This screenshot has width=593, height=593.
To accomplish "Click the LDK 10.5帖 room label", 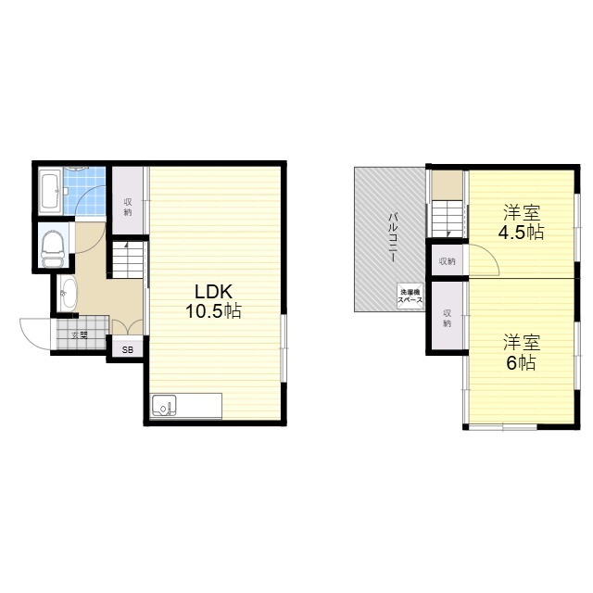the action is click(213, 301).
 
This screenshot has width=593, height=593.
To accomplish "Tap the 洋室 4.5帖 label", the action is click(522, 222).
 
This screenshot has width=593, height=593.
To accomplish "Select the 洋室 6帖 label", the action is click(522, 352).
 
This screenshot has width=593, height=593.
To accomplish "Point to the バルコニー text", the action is click(393, 237).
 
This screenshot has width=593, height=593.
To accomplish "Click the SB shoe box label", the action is click(128, 350).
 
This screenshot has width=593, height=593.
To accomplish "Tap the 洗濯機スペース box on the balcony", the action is click(410, 296).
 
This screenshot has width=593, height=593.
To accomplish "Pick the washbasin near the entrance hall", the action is click(68, 293).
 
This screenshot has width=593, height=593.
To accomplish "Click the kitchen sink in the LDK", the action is click(163, 406).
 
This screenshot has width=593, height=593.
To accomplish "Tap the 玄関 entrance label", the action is click(80, 335).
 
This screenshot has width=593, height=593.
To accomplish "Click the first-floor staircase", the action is click(128, 260).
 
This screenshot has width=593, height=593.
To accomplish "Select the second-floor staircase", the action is click(448, 219).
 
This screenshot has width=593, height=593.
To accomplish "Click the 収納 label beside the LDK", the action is click(128, 207).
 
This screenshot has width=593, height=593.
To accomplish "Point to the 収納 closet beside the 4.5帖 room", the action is click(447, 260).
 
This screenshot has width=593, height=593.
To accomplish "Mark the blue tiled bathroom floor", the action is click(84, 191).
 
